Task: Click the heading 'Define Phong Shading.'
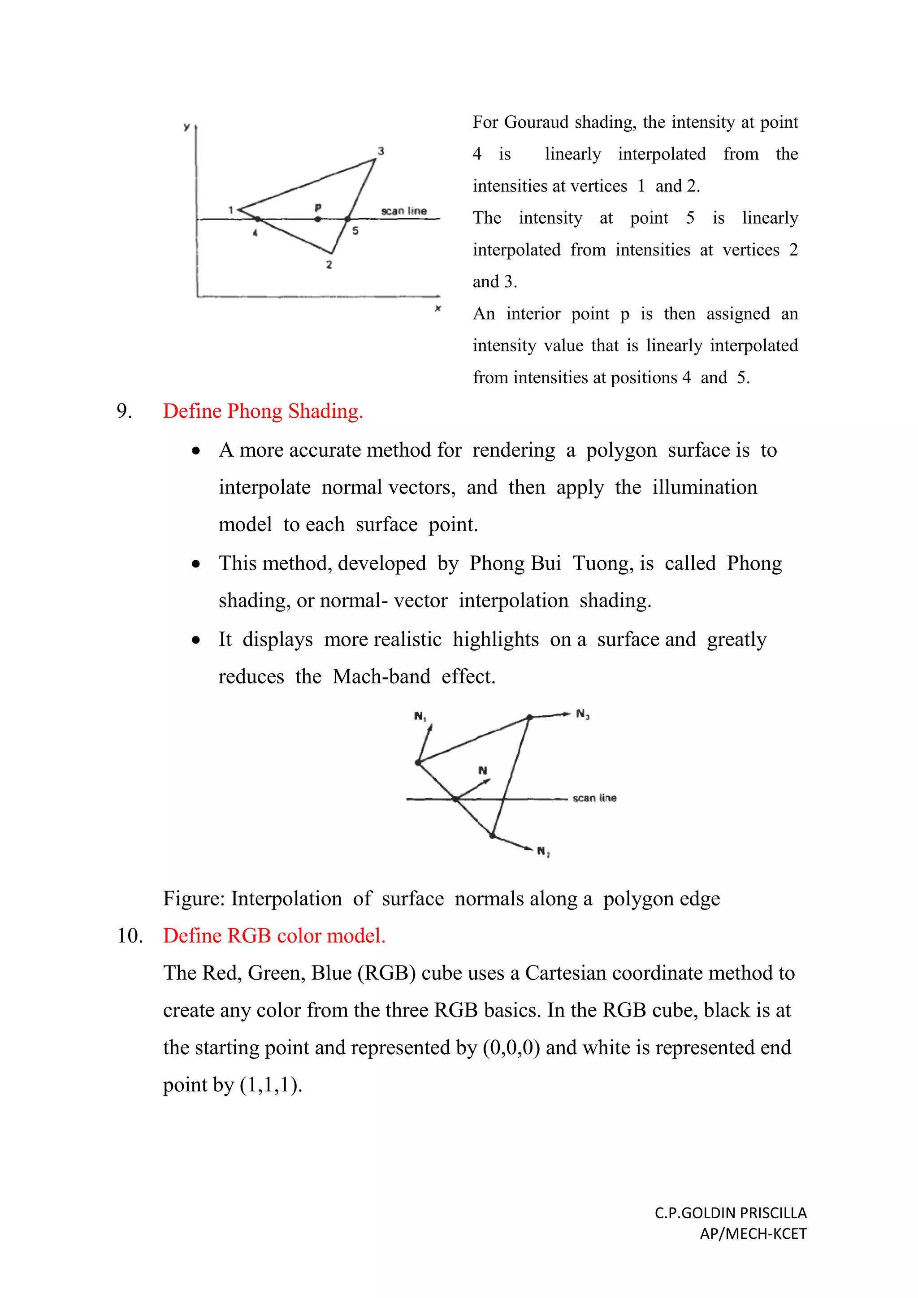pos(263,411)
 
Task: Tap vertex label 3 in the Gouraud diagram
pos(381,151)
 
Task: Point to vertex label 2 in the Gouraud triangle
pos(329,264)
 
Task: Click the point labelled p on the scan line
pos(318,219)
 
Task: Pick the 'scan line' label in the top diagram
pos(403,211)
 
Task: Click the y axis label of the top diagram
pos(186,127)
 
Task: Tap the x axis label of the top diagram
pos(437,309)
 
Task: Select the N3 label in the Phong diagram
pos(583,714)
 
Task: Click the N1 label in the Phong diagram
pos(420,716)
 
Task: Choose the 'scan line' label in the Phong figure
pos(594,798)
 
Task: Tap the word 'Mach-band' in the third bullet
pos(381,676)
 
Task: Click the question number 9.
pos(124,411)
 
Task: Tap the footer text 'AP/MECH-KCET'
pos(753,1233)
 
